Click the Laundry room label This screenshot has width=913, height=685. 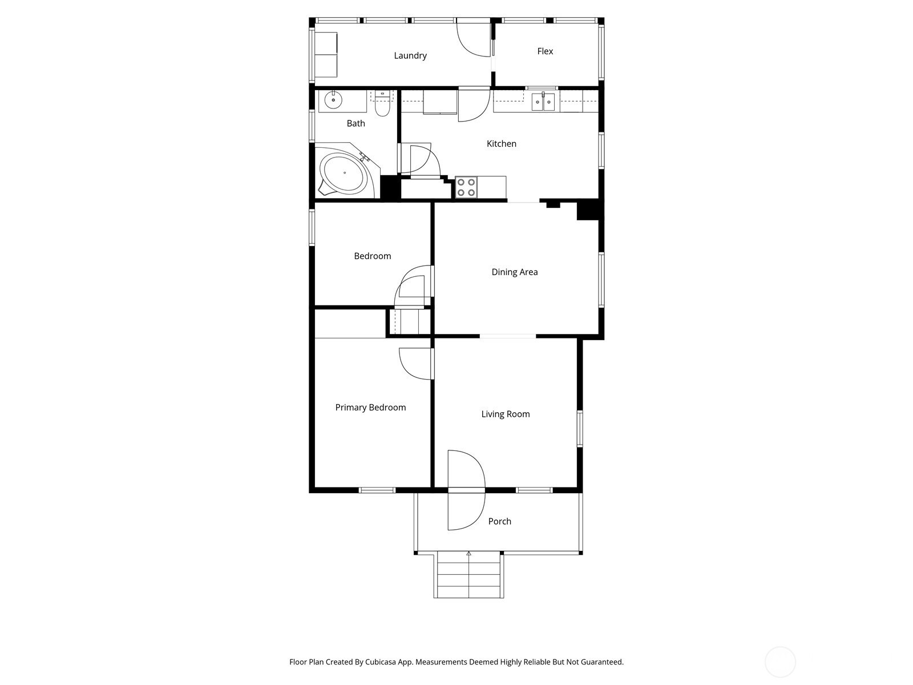(410, 56)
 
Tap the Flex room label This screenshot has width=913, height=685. (545, 51)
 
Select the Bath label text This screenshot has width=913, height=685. (355, 123)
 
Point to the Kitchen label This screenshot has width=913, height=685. (501, 143)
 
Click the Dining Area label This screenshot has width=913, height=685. (515, 272)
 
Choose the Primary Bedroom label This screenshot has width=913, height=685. (370, 408)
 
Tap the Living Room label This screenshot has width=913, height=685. (506, 414)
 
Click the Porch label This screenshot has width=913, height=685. (499, 521)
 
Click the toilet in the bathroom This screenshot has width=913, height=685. (382, 103)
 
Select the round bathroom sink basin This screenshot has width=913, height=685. (333, 100)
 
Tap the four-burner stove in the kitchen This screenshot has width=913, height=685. (466, 188)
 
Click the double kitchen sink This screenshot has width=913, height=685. (543, 102)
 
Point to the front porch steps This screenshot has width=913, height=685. (469, 575)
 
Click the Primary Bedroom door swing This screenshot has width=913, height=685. (415, 364)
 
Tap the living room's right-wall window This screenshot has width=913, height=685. (579, 428)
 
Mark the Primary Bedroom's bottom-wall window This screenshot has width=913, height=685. (377, 490)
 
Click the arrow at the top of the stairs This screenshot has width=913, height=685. (469, 554)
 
